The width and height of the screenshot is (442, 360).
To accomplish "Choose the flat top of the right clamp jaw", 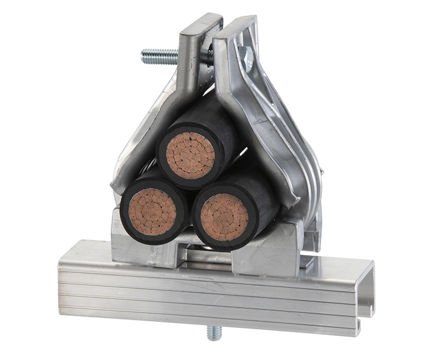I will click(234, 26).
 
